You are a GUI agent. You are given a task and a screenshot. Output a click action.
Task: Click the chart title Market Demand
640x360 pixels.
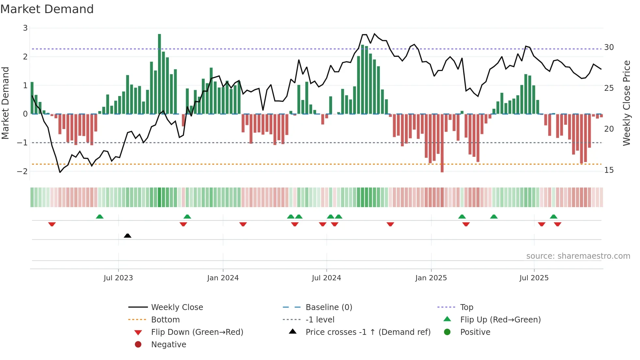(x=47, y=9)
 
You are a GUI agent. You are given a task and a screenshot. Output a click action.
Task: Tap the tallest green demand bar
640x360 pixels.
(x=159, y=74)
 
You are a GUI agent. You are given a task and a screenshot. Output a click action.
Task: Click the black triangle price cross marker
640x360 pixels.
(x=128, y=236)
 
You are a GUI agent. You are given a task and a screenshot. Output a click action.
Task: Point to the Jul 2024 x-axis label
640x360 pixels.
(x=326, y=278)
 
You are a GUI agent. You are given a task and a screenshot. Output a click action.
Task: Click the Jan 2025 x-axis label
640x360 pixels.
(x=431, y=278)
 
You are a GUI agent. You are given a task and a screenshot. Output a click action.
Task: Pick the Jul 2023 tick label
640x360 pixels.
(x=118, y=278)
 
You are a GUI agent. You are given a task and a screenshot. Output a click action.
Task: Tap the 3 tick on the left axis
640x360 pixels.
(x=25, y=28)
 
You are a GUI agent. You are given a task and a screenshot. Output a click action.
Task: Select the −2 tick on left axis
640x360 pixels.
(x=23, y=172)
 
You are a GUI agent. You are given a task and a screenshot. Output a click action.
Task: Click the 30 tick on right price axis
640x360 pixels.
(x=609, y=47)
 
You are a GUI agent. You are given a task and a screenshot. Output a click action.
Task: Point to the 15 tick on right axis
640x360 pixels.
(x=609, y=170)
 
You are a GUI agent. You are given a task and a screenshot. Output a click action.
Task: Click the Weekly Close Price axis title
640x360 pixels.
(x=626, y=103)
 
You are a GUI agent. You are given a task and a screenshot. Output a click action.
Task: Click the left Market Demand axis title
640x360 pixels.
(x=5, y=103)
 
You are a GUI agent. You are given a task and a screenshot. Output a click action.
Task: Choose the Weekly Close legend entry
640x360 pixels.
(x=177, y=307)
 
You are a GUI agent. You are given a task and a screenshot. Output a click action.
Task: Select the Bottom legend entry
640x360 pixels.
(x=165, y=320)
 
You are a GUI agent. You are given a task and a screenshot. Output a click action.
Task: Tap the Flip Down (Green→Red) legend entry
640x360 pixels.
(x=197, y=332)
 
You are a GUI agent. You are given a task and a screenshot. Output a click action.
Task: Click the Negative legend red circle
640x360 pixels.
(x=138, y=345)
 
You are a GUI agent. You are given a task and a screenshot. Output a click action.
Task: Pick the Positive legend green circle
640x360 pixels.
(x=447, y=332)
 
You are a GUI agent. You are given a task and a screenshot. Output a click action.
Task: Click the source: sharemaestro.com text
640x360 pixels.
(x=578, y=256)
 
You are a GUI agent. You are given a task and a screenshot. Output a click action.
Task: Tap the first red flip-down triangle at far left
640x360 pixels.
(x=52, y=224)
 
